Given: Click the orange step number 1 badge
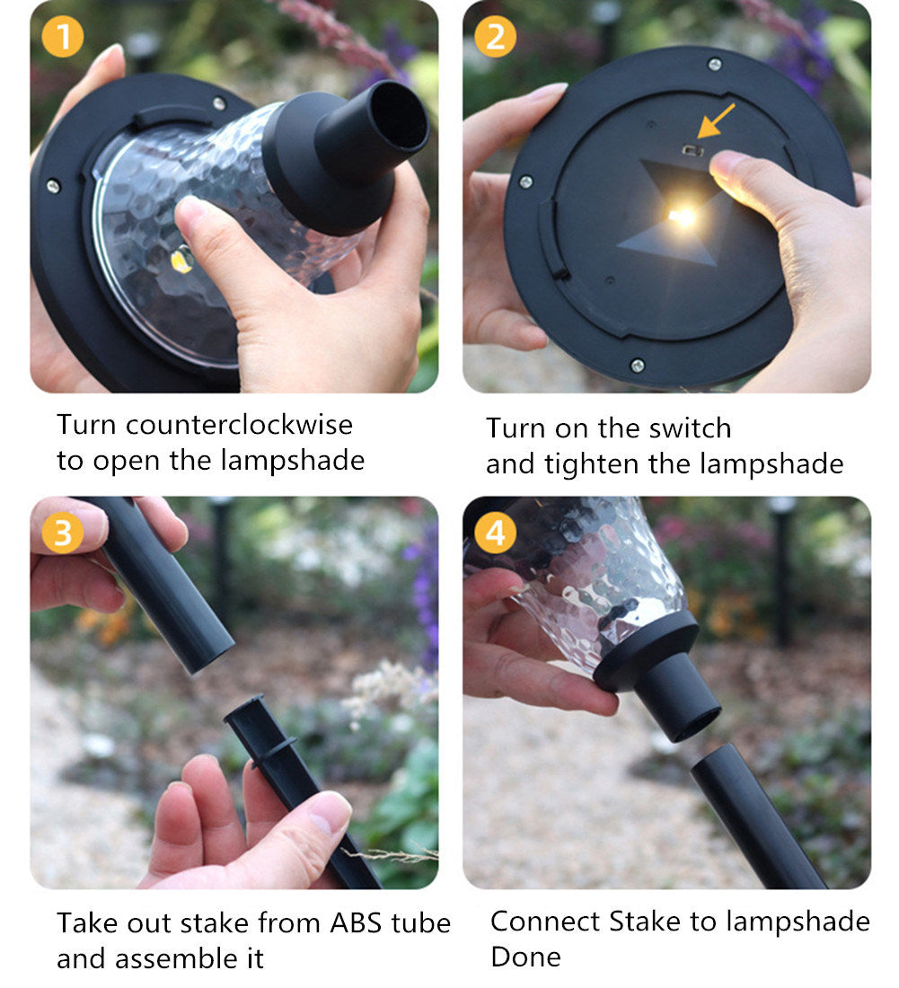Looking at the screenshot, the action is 62,37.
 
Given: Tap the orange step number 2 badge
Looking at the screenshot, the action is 495,37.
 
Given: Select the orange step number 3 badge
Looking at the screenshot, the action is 62,533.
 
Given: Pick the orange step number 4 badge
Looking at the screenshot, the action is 495,533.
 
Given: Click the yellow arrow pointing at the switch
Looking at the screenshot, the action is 716,120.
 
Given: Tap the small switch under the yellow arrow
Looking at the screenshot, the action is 693,150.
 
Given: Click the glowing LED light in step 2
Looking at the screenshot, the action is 683,217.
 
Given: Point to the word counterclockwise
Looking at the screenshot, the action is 240,425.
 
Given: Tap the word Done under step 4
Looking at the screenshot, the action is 525,957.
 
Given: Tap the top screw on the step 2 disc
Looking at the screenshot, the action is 714,64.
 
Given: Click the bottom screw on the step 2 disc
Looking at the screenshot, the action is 638,365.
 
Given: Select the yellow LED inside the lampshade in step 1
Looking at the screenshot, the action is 181,259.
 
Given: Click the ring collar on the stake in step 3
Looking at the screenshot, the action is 273,749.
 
